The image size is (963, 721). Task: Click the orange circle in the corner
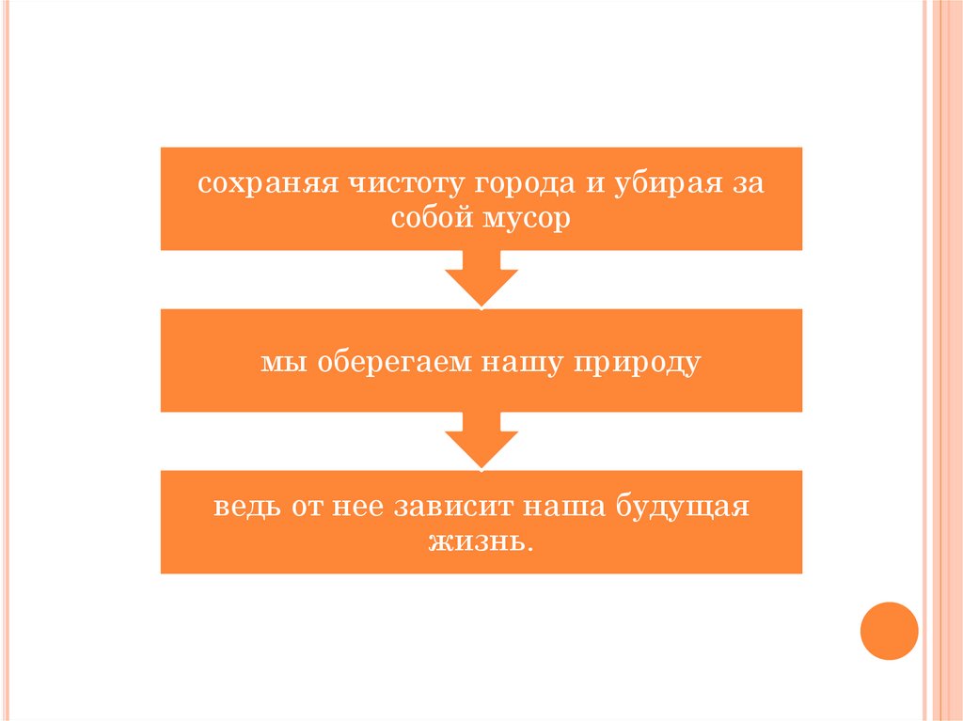coord(889,631)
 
